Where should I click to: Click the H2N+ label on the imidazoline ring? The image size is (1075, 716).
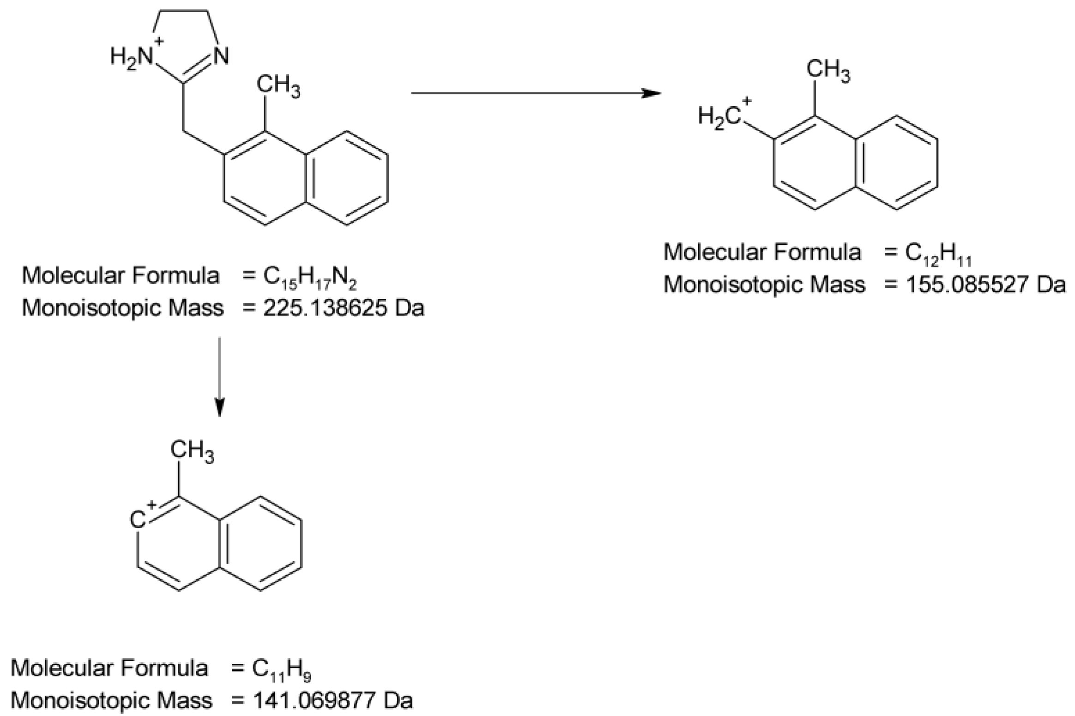pyautogui.click(x=134, y=56)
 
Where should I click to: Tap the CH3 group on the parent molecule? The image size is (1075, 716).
pyautogui.click(x=278, y=87)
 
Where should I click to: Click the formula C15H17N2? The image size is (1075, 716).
pyautogui.click(x=310, y=278)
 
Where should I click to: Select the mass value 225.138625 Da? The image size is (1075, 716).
pyautogui.click(x=343, y=308)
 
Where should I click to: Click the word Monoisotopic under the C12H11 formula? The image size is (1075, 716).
pyautogui.click(x=732, y=285)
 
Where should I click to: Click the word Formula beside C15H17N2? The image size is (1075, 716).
pyautogui.click(x=176, y=276)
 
